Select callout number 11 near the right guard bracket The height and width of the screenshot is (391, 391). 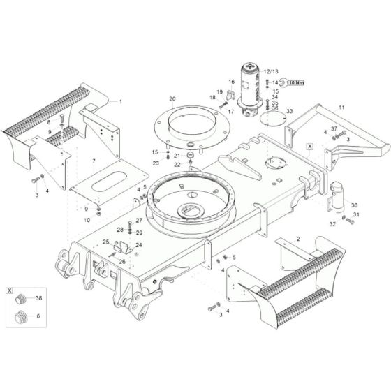341,107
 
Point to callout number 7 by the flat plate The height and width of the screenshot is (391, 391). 94,161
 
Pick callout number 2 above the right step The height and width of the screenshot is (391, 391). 298,239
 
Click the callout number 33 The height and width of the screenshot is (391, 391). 289,112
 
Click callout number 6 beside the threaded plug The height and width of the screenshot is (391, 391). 39,317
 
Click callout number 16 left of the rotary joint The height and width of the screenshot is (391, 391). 232,82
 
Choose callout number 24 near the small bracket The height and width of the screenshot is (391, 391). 139,245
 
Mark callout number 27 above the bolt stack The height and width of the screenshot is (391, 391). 138,220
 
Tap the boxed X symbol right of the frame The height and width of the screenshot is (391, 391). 309,147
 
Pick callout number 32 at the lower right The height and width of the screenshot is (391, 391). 332,224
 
